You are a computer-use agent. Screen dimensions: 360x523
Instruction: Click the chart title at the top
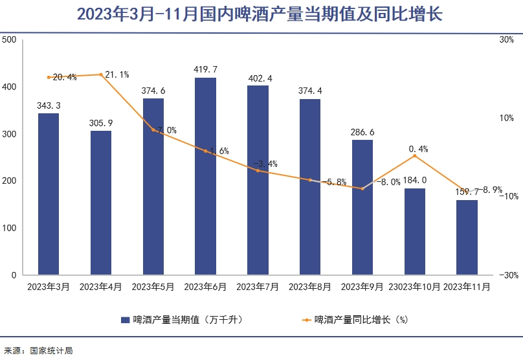259,14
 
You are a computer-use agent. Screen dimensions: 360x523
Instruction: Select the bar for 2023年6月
205,176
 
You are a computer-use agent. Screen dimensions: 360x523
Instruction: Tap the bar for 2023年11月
467,237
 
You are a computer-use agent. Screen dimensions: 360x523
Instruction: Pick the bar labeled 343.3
49,194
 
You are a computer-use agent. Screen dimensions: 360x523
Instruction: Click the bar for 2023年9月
362,207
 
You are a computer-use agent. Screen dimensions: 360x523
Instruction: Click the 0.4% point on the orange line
415,155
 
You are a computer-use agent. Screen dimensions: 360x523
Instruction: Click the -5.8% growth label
334,182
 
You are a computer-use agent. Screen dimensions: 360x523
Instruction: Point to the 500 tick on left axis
9,40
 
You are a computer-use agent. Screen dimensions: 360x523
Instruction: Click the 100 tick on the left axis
9,228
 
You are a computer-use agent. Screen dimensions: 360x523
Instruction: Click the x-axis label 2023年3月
49,286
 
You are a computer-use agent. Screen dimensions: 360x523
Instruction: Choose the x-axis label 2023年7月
258,286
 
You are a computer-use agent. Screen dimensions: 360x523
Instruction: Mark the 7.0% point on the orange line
153,130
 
